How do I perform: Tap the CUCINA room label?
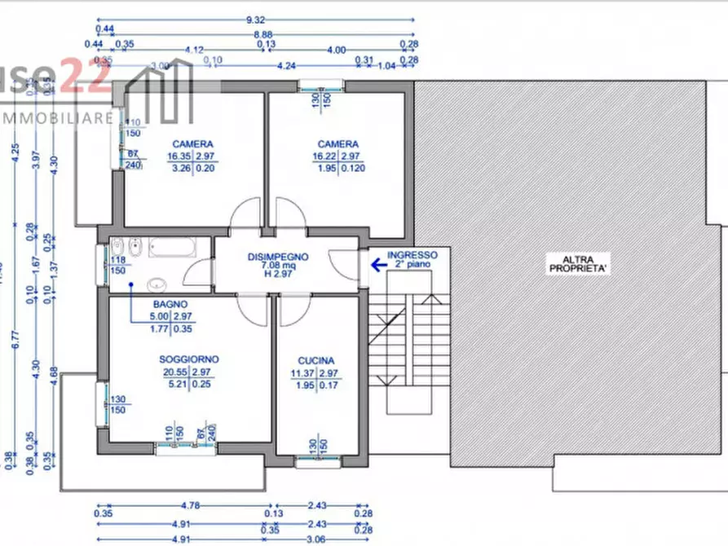point(316,360)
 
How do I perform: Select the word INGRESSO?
point(412,254)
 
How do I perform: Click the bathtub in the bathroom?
point(172,247)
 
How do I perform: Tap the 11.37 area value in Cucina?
point(304,374)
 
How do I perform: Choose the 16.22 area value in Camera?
point(326,156)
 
